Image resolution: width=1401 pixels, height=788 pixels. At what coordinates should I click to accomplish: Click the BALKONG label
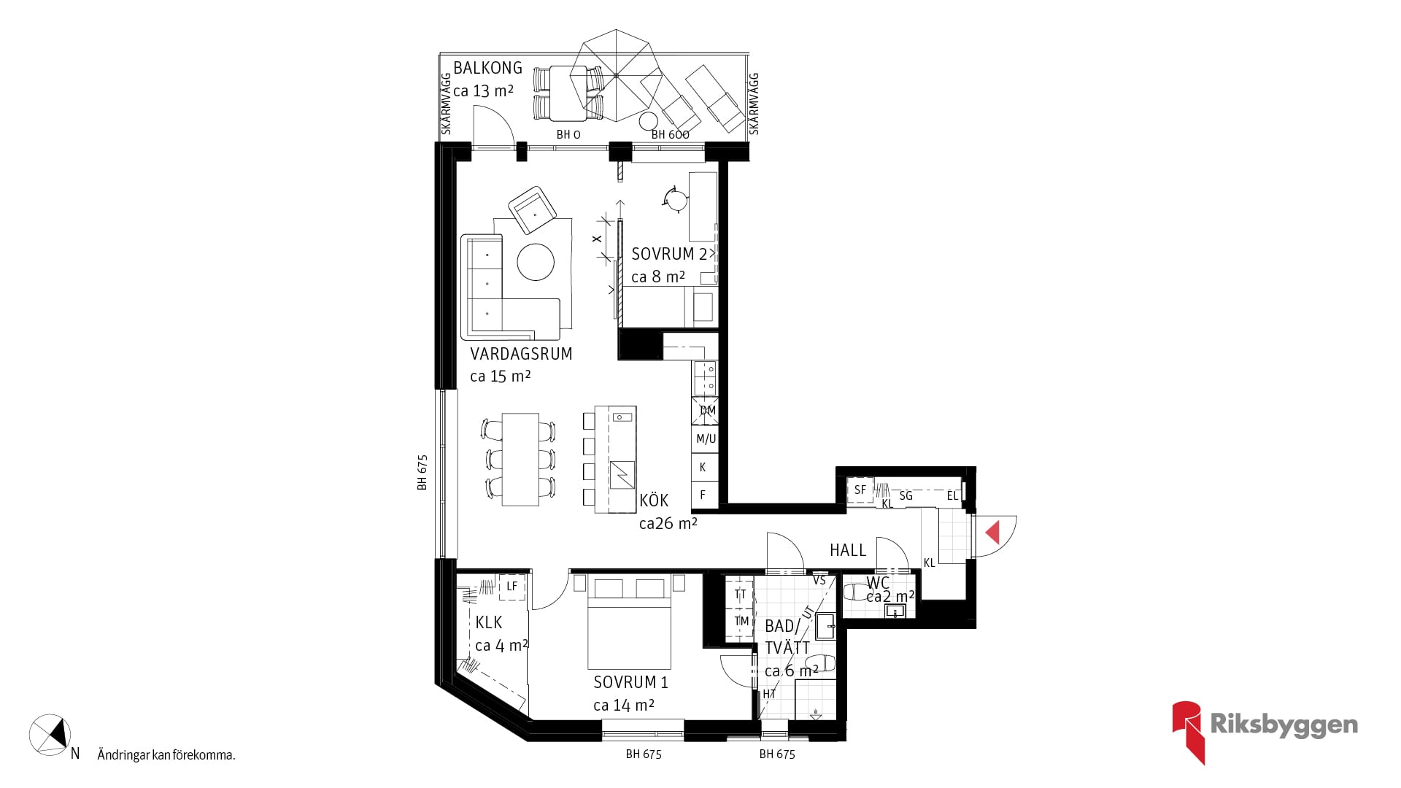[x=487, y=68]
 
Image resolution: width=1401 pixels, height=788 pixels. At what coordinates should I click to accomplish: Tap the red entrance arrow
[x=992, y=532]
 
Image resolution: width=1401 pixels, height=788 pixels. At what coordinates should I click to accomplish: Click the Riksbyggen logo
[x=1265, y=732]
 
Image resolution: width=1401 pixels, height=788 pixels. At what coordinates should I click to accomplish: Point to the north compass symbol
[x=50, y=733]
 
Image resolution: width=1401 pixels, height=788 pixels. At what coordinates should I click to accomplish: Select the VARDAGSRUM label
[x=521, y=354]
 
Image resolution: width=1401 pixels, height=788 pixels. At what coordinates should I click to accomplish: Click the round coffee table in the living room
[x=536, y=262]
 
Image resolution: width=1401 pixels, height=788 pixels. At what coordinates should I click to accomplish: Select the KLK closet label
[x=489, y=622]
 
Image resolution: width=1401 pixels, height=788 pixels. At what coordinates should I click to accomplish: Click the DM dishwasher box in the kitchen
[x=705, y=411]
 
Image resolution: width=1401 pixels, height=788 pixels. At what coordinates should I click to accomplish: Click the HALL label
[x=848, y=550]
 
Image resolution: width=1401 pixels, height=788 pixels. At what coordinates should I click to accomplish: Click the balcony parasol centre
[x=617, y=75]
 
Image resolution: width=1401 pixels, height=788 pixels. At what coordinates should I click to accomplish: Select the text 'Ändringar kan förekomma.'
[x=166, y=755]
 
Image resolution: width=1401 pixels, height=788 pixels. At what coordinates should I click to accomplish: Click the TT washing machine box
[x=740, y=594]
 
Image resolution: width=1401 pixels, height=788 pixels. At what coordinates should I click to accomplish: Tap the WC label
[x=878, y=583]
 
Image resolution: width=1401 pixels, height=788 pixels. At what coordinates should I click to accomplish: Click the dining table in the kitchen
[x=520, y=460]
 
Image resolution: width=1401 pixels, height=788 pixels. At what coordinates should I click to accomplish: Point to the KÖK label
[x=654, y=501]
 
